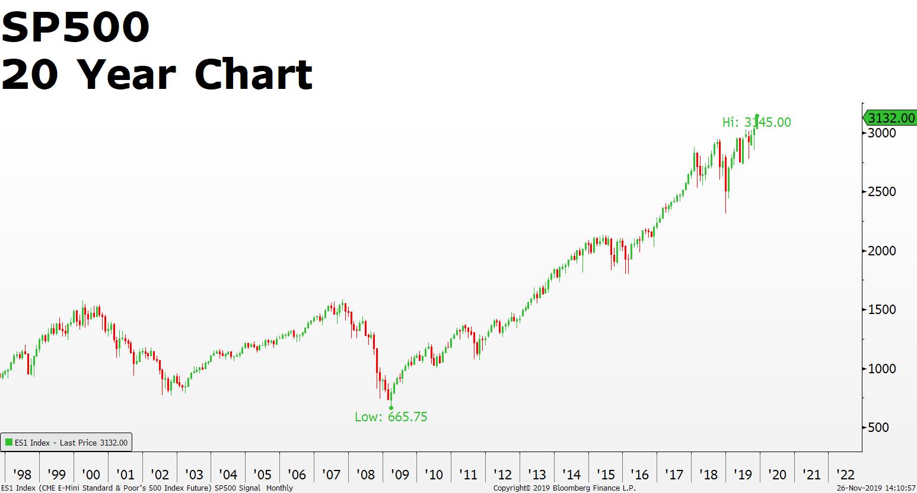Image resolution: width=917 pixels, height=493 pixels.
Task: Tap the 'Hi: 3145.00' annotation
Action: click(756, 123)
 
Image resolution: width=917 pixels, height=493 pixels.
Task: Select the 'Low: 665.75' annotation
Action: click(391, 417)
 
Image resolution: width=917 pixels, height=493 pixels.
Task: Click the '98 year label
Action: click(22, 475)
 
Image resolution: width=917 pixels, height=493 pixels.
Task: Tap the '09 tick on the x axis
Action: click(400, 475)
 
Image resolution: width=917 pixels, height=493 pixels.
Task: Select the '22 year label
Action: click(845, 475)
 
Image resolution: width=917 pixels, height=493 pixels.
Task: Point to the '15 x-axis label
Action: click(606, 475)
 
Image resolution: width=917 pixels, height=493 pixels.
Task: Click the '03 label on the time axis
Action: click(194, 475)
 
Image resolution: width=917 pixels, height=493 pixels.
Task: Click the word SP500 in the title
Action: click(75, 27)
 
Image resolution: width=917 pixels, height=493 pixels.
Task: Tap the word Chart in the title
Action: click(253, 75)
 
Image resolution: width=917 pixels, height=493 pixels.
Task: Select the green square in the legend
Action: click(9, 443)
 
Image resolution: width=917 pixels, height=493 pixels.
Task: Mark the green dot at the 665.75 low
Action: click(391, 408)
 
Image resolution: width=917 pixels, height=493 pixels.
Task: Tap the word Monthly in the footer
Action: click(279, 488)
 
